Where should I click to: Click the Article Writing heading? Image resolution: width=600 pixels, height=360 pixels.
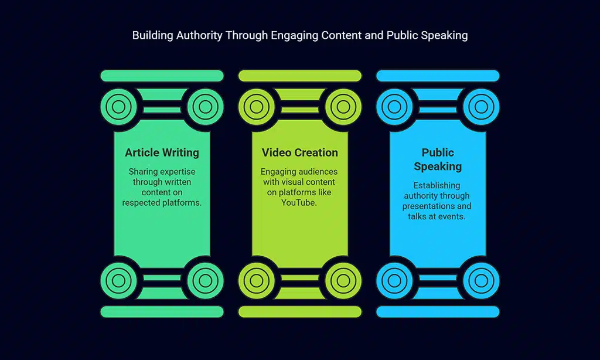click(x=162, y=153)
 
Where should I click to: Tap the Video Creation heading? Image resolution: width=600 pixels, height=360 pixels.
click(x=299, y=153)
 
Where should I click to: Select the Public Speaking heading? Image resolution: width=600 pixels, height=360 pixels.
click(x=438, y=159)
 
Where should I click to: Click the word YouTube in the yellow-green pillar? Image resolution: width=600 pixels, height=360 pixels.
click(x=299, y=203)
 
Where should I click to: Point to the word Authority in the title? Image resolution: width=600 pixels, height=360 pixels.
click(x=191, y=35)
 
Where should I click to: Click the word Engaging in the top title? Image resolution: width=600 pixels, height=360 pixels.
click(x=294, y=35)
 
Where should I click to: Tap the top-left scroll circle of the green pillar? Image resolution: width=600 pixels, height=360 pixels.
click(x=118, y=107)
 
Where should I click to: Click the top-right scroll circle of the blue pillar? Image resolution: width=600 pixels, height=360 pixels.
click(x=481, y=107)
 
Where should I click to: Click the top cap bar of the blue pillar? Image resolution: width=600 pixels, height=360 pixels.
click(x=438, y=76)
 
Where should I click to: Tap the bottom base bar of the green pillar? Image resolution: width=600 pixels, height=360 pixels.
click(x=162, y=311)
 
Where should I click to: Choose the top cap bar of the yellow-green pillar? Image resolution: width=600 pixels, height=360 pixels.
click(x=299, y=76)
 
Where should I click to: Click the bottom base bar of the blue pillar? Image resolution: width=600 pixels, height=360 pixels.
click(x=438, y=311)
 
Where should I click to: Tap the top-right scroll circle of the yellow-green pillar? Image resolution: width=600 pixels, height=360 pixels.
click(x=343, y=107)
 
